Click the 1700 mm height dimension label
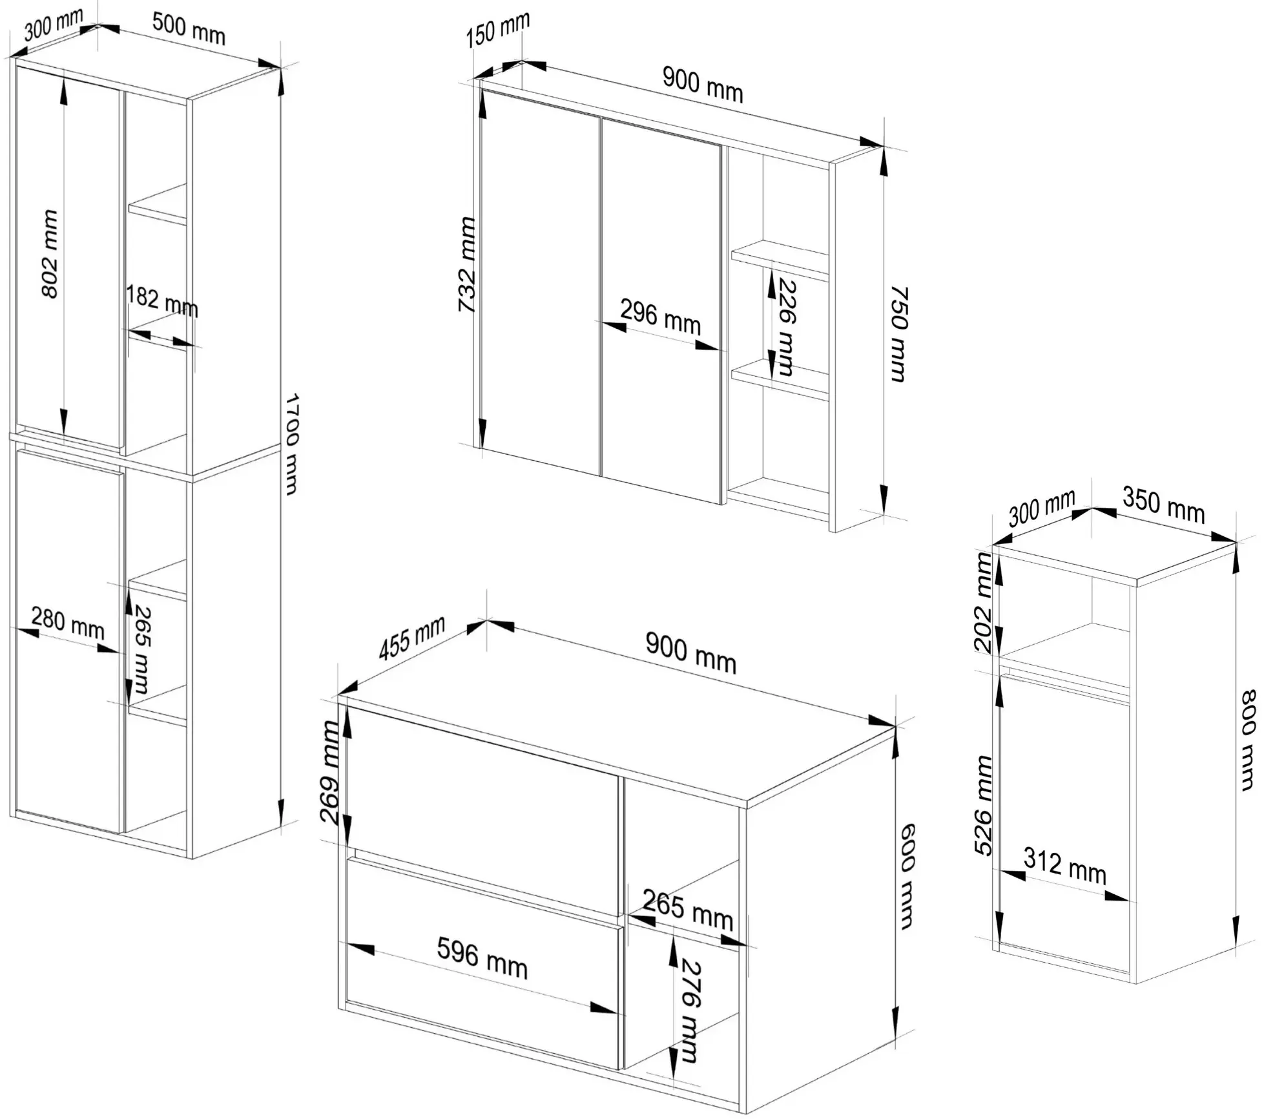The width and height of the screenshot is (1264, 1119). point(291,444)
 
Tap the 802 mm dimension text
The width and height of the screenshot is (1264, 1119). point(50,254)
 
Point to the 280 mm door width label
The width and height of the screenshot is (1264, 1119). point(68,623)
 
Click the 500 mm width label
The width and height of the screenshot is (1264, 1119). point(189,29)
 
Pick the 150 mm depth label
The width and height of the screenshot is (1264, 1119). point(497,30)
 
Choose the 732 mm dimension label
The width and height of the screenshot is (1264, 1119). point(466,264)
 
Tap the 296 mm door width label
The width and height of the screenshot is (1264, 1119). point(660,317)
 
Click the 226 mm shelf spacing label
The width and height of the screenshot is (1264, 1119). point(786,326)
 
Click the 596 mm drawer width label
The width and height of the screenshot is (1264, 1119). point(482,957)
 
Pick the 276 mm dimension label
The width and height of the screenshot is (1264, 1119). point(690,1010)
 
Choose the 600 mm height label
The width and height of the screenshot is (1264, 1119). point(907,877)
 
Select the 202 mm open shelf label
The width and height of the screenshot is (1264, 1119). point(983,602)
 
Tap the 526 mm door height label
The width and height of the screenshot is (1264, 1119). point(983,805)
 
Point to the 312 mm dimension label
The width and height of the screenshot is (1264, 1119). point(1065,866)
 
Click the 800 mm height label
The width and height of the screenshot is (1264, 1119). point(1248,740)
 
